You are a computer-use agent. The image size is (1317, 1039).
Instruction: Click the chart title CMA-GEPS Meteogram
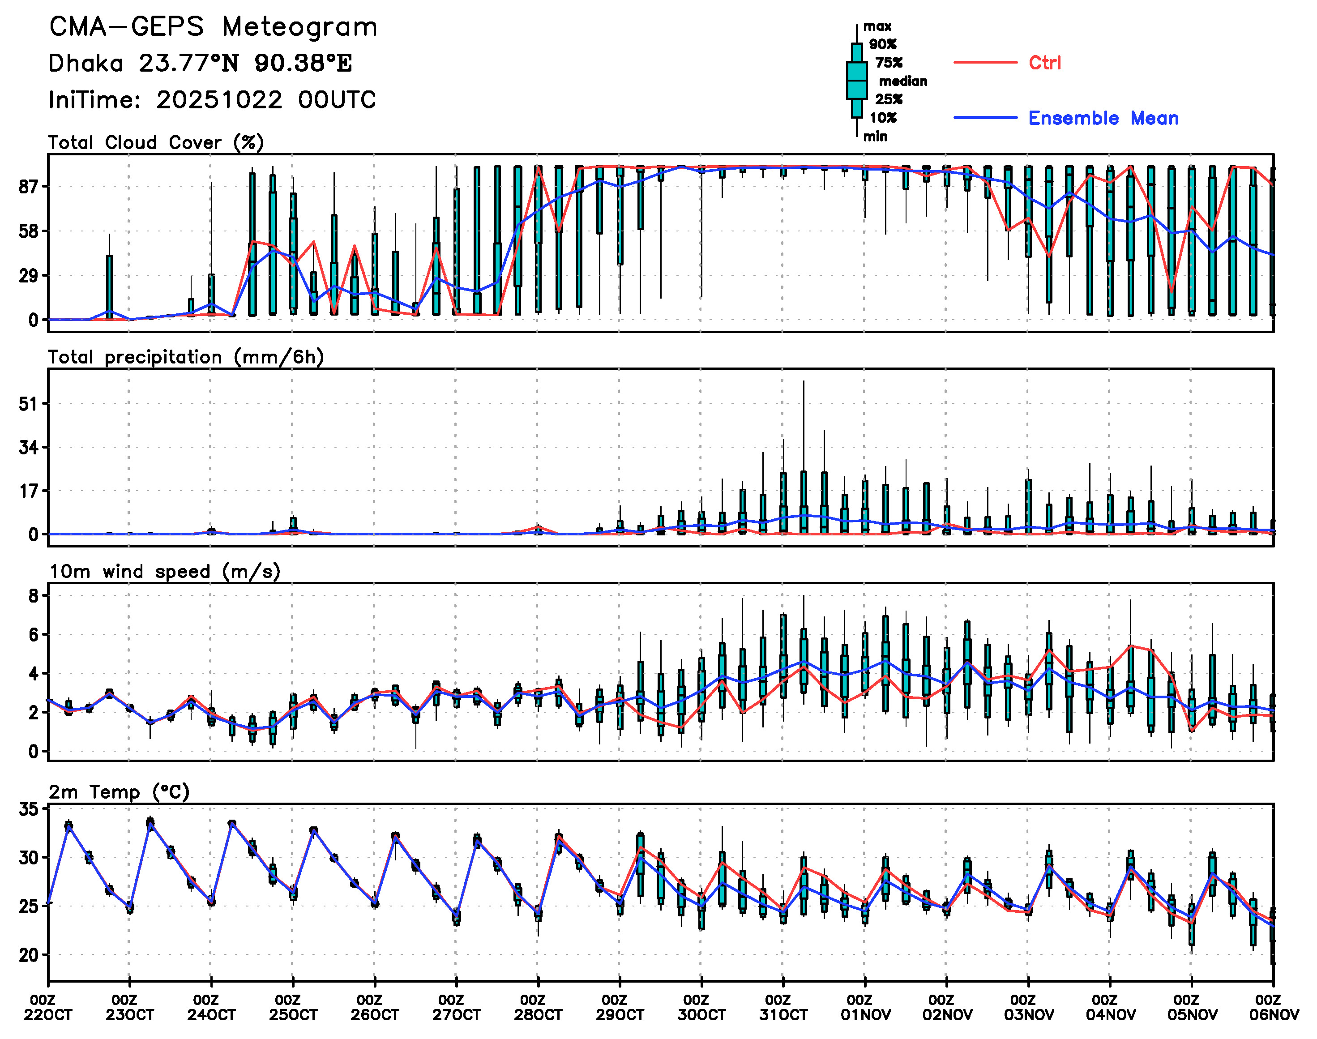click(x=213, y=27)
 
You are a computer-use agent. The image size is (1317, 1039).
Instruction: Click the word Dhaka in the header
click(x=86, y=63)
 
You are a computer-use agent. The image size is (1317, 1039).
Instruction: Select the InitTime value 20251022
click(x=219, y=100)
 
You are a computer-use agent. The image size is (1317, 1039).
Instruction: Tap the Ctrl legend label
click(x=1044, y=63)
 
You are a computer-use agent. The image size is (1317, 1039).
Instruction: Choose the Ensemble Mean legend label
click(x=1103, y=118)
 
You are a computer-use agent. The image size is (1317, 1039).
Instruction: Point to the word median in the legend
click(x=903, y=81)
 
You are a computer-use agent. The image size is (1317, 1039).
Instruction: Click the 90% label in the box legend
click(x=883, y=44)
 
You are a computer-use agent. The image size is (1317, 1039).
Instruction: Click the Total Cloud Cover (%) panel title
click(x=156, y=143)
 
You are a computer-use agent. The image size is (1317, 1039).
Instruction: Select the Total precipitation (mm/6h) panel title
click(x=185, y=357)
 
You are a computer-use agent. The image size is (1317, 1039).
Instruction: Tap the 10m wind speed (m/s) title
click(x=164, y=572)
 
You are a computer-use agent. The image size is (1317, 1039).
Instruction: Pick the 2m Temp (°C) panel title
click(x=119, y=792)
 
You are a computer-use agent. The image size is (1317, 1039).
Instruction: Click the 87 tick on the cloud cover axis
click(x=28, y=187)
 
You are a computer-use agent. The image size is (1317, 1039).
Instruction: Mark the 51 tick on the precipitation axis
click(x=28, y=404)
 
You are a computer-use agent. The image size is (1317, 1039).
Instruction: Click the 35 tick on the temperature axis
click(x=28, y=809)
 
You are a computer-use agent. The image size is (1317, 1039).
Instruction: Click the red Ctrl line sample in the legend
click(x=985, y=63)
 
